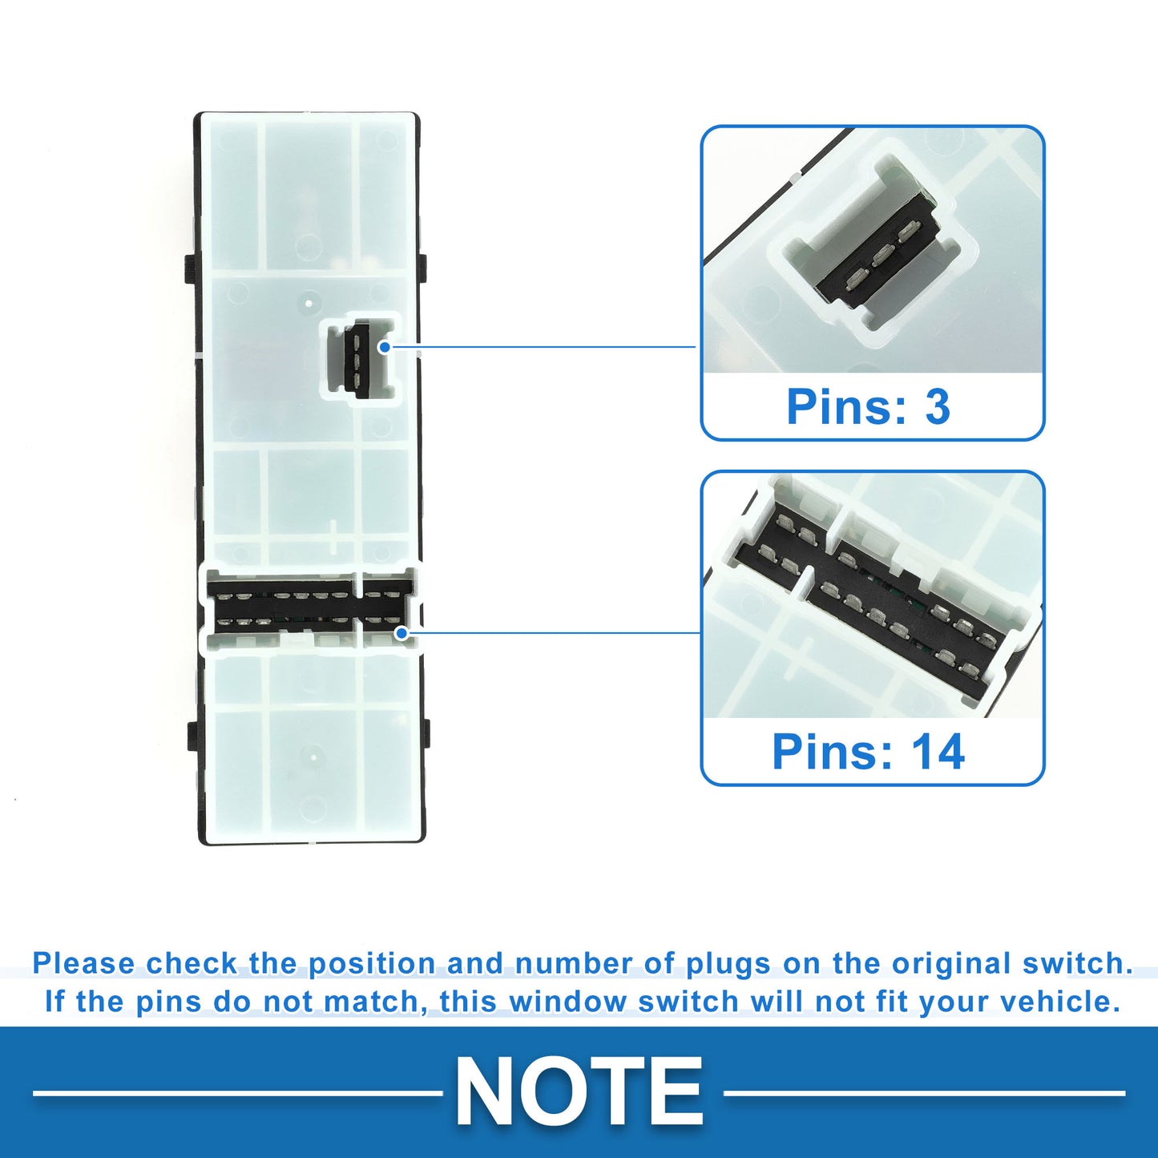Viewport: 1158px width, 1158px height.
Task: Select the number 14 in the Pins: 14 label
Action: [x=938, y=752]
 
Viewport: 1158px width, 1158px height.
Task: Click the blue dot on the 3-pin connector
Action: [x=385, y=347]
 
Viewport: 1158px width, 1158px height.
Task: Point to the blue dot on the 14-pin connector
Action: [x=401, y=633]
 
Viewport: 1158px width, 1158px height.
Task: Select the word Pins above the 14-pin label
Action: [x=838, y=752]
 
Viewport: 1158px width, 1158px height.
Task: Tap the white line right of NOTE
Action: [x=924, y=1093]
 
